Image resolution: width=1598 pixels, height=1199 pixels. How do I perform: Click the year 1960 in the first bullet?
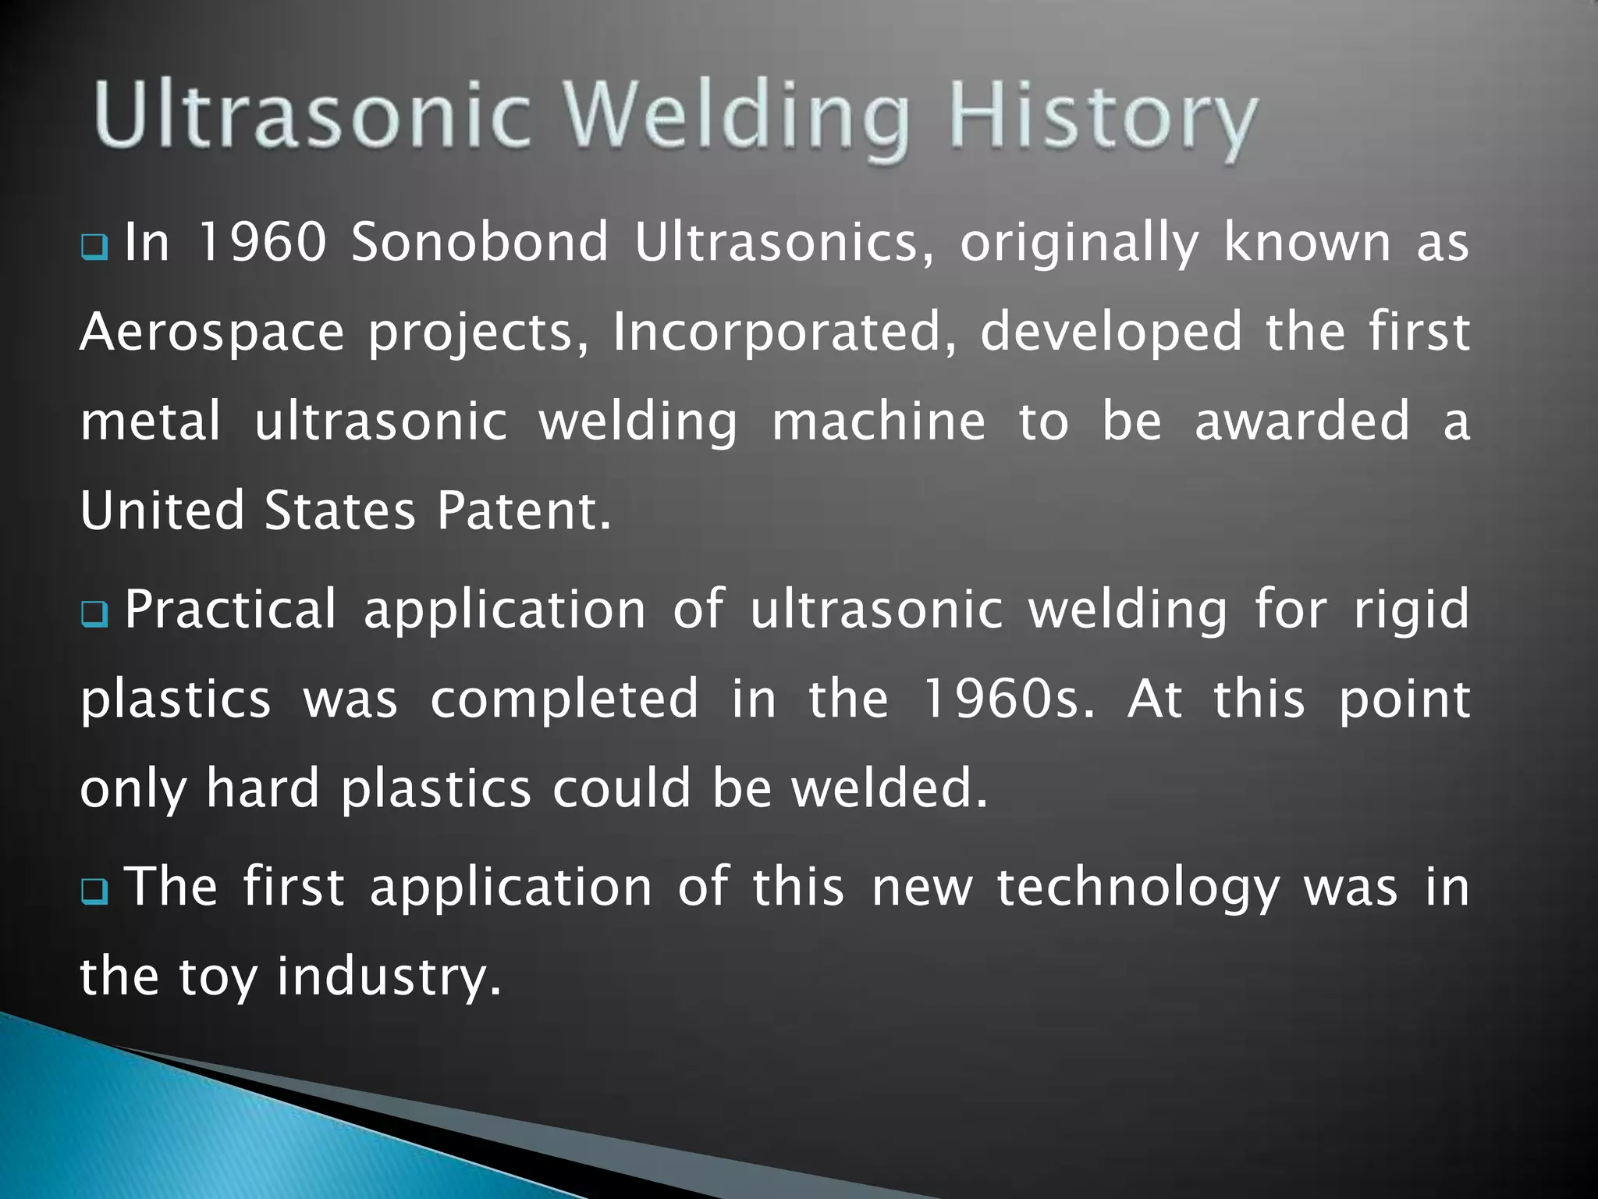point(261,242)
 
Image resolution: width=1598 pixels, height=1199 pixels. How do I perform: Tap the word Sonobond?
point(479,242)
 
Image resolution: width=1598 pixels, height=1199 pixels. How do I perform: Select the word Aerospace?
point(212,333)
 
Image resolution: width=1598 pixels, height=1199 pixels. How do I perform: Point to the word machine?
point(879,422)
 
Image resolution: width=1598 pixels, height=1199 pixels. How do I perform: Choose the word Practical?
point(230,610)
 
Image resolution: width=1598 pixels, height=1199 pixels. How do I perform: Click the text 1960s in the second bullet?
point(1007,699)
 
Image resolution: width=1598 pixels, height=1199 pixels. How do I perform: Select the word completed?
point(564,700)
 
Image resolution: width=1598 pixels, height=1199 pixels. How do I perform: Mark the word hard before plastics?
point(262,788)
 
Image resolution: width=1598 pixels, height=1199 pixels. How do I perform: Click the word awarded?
point(1302,422)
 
